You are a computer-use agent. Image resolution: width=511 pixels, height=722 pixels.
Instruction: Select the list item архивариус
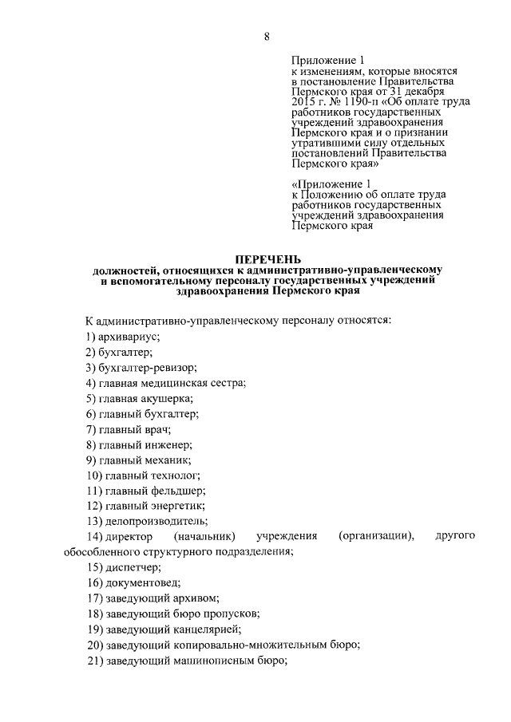point(131,337)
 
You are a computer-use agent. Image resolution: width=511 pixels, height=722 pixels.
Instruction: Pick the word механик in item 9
point(168,460)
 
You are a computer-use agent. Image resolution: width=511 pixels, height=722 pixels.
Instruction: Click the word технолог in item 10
point(175,475)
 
